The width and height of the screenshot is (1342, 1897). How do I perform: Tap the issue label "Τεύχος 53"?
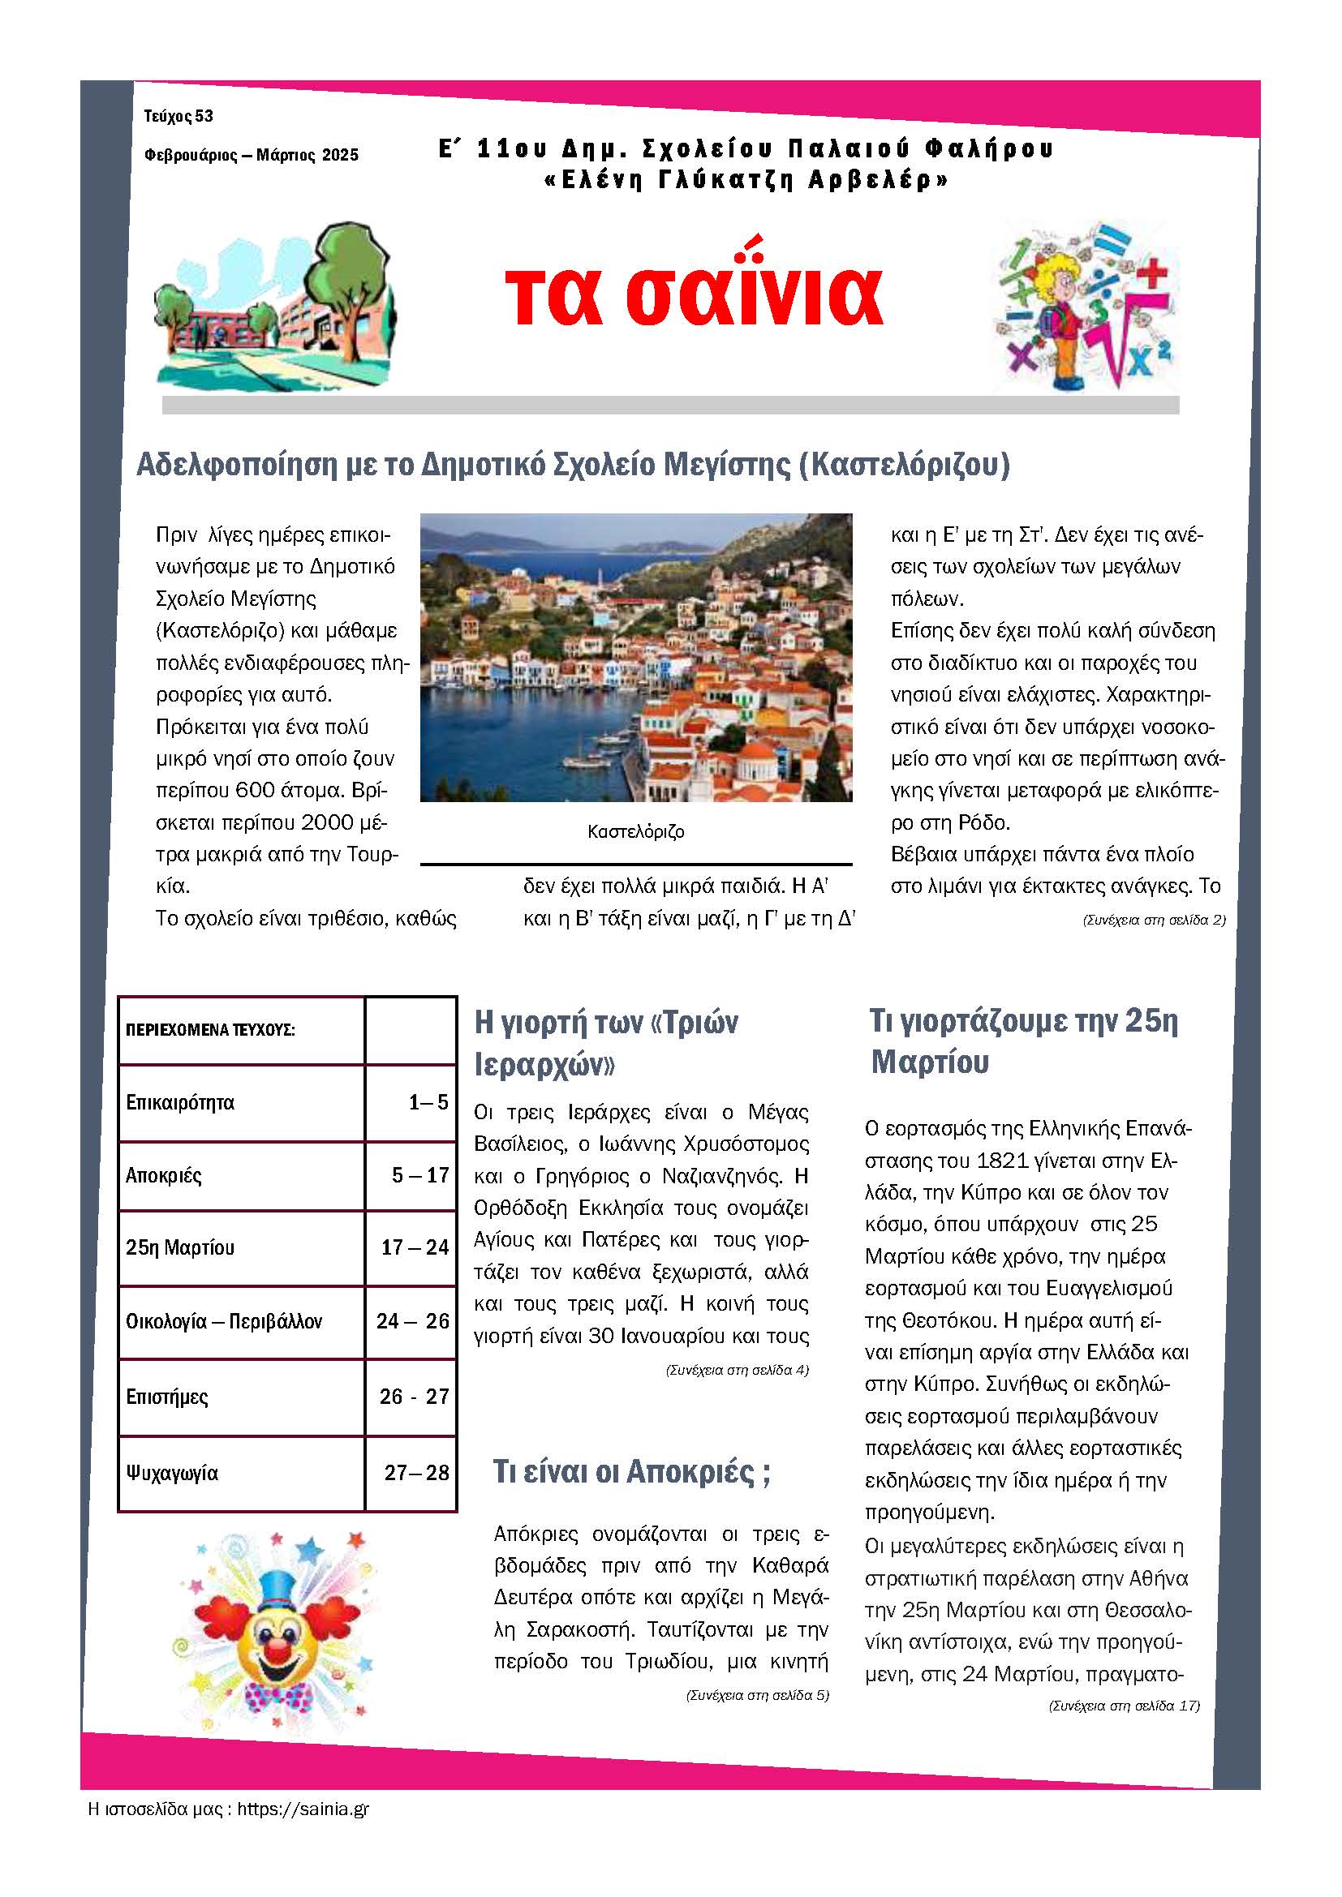pyautogui.click(x=179, y=117)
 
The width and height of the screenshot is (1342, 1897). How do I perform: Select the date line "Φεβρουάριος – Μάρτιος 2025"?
pyautogui.click(x=252, y=155)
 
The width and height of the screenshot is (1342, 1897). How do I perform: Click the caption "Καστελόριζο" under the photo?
pyautogui.click(x=635, y=831)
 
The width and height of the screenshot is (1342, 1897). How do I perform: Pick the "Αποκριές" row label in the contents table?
pyautogui.click(x=164, y=1175)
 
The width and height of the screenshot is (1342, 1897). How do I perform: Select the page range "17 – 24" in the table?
pyautogui.click(x=414, y=1247)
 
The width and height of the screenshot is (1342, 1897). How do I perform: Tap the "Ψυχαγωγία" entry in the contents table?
pyautogui.click(x=172, y=1472)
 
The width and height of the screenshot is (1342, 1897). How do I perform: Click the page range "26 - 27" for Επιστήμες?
pyautogui.click(x=414, y=1397)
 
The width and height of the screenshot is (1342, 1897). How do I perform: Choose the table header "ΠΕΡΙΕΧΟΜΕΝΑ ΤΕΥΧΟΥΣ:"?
pyautogui.click(x=211, y=1030)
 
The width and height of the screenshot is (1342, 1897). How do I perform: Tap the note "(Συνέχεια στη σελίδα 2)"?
pyautogui.click(x=1154, y=920)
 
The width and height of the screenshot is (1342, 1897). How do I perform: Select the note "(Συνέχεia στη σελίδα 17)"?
pyautogui.click(x=1124, y=1706)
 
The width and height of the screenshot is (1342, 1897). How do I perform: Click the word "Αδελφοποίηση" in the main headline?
pyautogui.click(x=235, y=466)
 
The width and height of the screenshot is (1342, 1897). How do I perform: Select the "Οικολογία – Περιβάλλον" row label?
pyautogui.click(x=224, y=1321)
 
